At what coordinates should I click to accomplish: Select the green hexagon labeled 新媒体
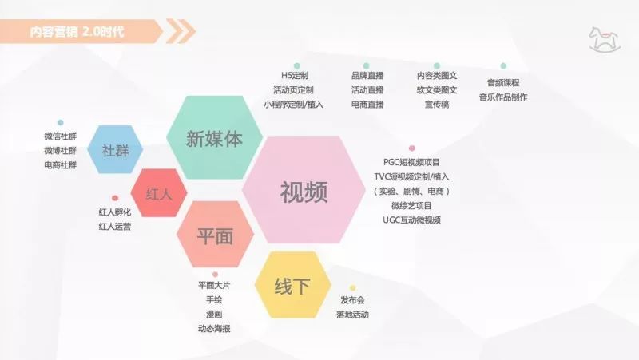(x=213, y=138)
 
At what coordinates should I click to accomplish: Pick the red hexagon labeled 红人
(x=158, y=194)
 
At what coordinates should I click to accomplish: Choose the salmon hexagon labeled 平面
(x=215, y=236)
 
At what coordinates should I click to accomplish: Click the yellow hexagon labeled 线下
(x=292, y=285)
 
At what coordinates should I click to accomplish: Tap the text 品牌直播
(x=367, y=75)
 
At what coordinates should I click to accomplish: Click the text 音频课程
(x=503, y=83)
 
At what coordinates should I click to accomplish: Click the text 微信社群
(x=61, y=136)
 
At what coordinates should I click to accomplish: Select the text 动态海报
(x=214, y=328)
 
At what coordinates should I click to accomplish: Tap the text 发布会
(x=352, y=300)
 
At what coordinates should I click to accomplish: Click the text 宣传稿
(x=437, y=105)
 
